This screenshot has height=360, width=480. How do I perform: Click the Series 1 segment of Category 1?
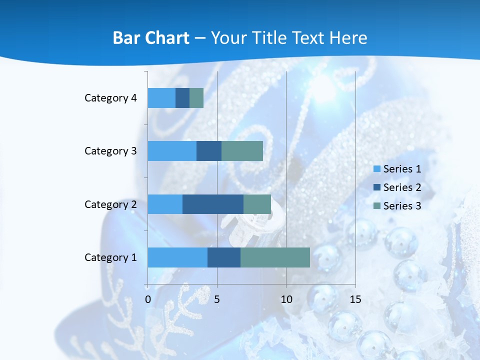click(x=177, y=257)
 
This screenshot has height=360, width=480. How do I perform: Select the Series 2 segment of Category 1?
click(x=224, y=257)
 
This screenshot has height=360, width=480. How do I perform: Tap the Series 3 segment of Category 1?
click(x=275, y=257)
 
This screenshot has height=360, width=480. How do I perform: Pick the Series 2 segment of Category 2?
click(x=213, y=204)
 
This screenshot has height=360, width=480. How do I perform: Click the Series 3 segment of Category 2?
click(x=257, y=204)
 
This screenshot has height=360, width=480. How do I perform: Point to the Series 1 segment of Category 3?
click(x=172, y=151)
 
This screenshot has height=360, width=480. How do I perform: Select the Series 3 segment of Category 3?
click(x=242, y=151)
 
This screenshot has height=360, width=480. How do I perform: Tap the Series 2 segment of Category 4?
click(x=182, y=98)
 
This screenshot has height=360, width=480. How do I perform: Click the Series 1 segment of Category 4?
click(x=161, y=98)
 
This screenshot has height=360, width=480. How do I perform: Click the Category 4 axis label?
click(x=110, y=98)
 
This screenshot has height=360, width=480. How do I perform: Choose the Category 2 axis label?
click(x=110, y=204)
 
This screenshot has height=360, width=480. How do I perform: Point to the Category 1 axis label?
click(x=110, y=257)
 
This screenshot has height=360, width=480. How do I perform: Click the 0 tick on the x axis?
click(x=148, y=300)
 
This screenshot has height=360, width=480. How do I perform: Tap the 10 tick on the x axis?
click(x=286, y=300)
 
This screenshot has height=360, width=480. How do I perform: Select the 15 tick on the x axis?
click(x=355, y=300)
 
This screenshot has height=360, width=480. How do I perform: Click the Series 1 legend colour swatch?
click(x=376, y=169)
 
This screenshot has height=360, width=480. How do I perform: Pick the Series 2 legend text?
click(x=402, y=187)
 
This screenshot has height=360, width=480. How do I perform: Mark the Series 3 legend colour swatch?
click(x=376, y=206)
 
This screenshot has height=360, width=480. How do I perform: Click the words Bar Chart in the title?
click(x=151, y=38)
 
